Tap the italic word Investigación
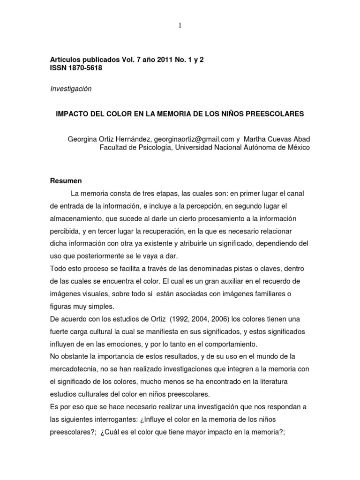[x=70, y=89]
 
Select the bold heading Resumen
[x=66, y=181]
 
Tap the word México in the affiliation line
[x=298, y=148]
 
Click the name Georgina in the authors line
[x=83, y=139]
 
